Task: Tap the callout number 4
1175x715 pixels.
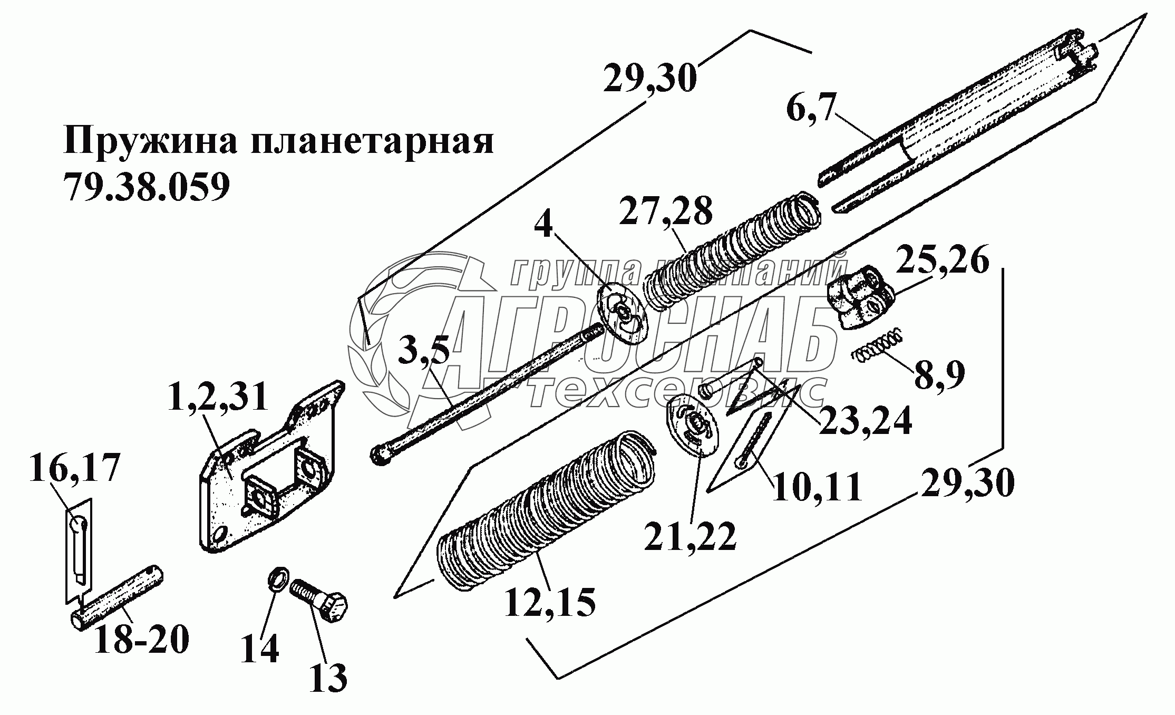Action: point(544,226)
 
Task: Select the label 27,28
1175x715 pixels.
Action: point(665,211)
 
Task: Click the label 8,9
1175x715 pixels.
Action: point(939,373)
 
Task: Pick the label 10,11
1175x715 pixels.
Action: point(817,486)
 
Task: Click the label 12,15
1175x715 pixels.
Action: point(550,602)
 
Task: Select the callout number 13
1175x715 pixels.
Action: point(327,677)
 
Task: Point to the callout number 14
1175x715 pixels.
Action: point(260,649)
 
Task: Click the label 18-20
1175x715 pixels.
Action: point(141,640)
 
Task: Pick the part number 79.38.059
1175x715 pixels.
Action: point(146,186)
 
